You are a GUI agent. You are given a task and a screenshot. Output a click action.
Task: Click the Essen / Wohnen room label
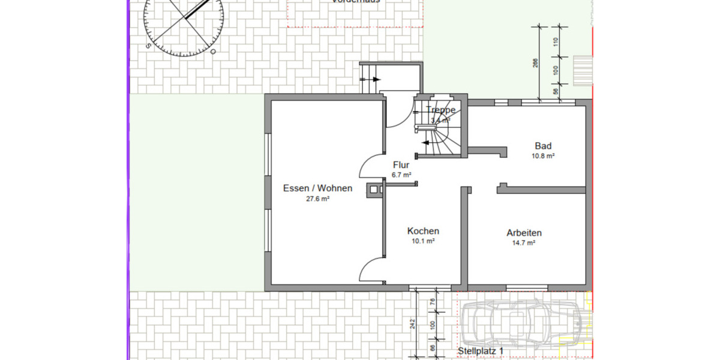pyautogui.click(x=317, y=188)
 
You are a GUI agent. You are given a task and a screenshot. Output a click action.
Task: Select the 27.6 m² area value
pyautogui.click(x=317, y=199)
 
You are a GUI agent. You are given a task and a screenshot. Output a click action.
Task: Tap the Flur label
pyautogui.click(x=401, y=165)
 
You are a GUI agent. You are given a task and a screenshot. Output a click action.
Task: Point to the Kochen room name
pyautogui.click(x=423, y=231)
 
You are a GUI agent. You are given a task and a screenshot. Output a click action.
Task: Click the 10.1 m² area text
pyautogui.click(x=423, y=241)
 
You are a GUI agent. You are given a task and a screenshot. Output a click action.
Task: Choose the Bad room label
pyautogui.click(x=543, y=146)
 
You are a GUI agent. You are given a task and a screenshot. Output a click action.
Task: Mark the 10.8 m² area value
pyautogui.click(x=543, y=156)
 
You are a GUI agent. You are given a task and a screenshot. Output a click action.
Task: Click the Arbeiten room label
pyautogui.click(x=524, y=233)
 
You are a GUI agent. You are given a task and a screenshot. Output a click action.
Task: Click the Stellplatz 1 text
pyautogui.click(x=481, y=351)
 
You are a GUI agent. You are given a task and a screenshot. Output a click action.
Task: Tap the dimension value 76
pyautogui.click(x=433, y=302)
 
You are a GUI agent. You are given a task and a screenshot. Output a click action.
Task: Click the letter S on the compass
pyautogui.click(x=148, y=45)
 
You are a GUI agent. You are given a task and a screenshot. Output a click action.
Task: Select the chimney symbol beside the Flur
pyautogui.click(x=376, y=189)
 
